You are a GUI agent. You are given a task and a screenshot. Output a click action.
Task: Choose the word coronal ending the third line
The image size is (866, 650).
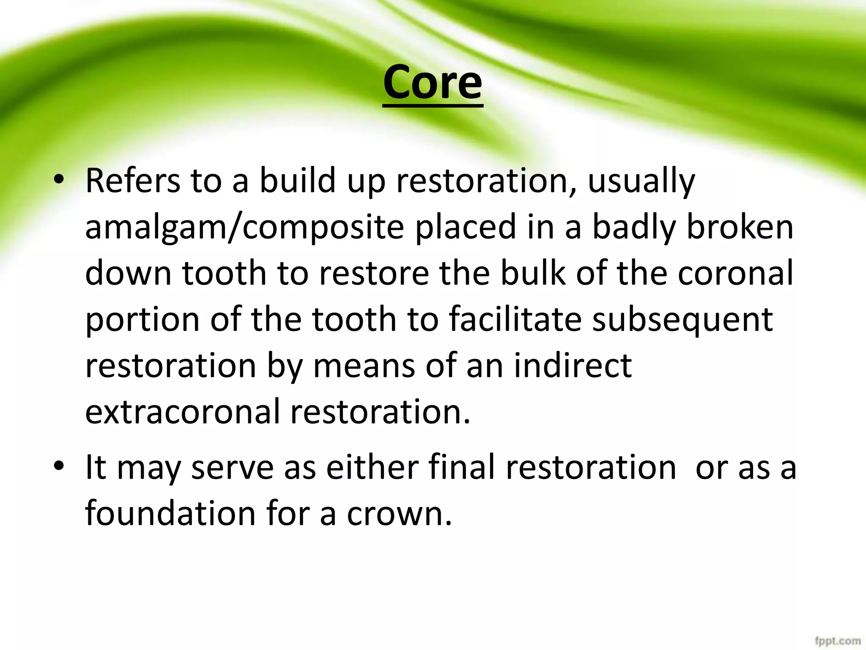(x=735, y=273)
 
